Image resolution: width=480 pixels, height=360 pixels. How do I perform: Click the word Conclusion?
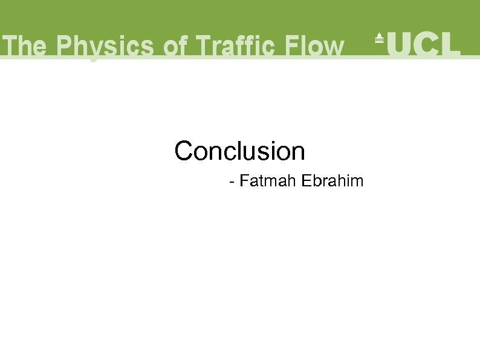click(239, 151)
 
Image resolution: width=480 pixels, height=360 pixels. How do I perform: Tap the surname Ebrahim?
click(331, 181)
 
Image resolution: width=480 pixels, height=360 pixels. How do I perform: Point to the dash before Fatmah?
click(232, 182)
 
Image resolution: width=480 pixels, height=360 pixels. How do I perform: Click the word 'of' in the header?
click(176, 47)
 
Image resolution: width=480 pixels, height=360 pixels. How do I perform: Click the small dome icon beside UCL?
click(380, 38)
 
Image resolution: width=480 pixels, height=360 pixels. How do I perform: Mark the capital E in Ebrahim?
click(304, 181)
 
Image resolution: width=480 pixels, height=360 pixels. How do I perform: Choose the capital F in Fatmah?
click(244, 181)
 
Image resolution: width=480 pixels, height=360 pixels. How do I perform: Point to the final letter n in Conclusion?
click(298, 153)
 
